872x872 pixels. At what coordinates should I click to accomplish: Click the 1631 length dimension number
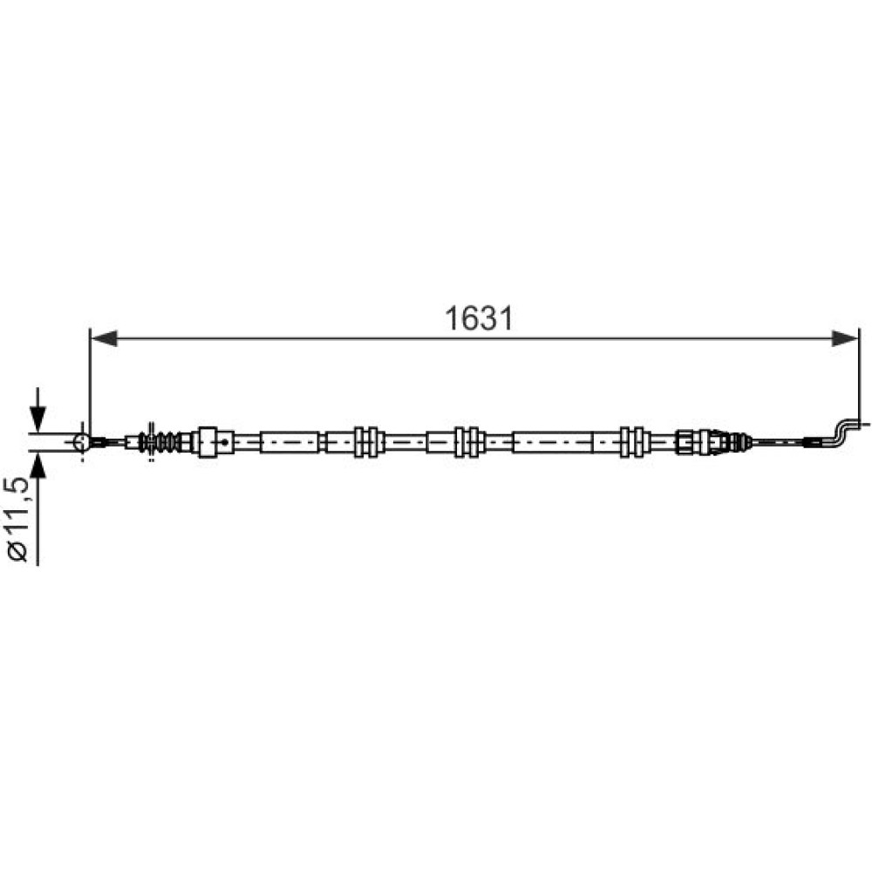pos(478,319)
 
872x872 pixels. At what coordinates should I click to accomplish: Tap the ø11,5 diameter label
pos(17,519)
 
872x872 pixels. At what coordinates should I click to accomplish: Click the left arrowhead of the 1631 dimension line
pos(105,338)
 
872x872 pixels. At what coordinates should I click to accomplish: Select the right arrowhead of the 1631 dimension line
pos(845,338)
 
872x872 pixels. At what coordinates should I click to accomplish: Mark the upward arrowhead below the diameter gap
pos(37,466)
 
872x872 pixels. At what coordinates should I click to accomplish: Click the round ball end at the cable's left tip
pos(81,442)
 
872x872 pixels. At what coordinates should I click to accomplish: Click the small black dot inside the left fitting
pos(225,442)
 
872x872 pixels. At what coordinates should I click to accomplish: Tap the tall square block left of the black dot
pos(208,442)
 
